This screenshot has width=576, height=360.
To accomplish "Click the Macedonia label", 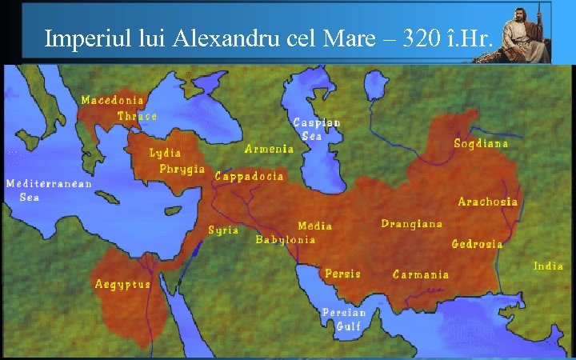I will [113, 100].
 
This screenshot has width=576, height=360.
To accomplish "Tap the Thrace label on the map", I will [137, 116].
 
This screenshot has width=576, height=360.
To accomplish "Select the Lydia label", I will [165, 153].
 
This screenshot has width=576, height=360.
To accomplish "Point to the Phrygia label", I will [182, 169].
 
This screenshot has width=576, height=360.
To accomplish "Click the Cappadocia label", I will [249, 176].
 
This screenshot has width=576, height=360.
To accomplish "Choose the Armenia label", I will [269, 149].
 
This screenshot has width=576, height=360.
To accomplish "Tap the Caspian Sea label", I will [317, 129].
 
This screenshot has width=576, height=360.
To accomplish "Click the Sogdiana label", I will [481, 144].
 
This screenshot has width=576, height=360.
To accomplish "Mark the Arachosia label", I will [487, 202].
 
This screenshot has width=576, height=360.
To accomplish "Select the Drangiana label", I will [411, 224].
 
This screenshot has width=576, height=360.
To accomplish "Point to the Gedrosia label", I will [477, 244].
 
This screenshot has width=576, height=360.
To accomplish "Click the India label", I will [548, 266].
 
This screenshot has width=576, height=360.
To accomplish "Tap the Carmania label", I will [421, 274].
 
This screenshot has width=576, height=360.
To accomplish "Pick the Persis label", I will [342, 274].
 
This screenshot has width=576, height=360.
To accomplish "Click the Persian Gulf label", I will [343, 318].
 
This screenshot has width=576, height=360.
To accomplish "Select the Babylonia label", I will [285, 239].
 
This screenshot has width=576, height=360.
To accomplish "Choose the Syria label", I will [223, 230].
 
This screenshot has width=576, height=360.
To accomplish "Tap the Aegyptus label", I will [122, 284].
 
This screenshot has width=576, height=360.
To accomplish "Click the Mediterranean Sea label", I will [48, 190].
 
